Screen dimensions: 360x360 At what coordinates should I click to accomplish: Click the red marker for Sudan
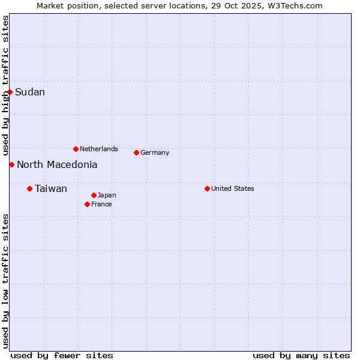[10, 92]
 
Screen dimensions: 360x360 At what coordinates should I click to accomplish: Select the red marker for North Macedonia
[11, 164]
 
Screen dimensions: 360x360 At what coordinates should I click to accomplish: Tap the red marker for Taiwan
[29, 189]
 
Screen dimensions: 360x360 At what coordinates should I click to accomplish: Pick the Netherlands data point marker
[76, 149]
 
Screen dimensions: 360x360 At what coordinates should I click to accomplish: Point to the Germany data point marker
[136, 152]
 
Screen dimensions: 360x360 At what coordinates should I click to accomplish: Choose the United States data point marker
[207, 188]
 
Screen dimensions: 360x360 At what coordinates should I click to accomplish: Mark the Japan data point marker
[94, 195]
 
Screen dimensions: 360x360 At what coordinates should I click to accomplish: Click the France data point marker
[87, 204]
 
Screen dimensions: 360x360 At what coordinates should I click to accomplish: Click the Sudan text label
[30, 92]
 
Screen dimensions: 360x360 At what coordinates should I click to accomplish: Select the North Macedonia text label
[57, 164]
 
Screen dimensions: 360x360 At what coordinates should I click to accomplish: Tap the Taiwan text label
[51, 189]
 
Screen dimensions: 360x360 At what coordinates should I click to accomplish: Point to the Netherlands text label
[99, 149]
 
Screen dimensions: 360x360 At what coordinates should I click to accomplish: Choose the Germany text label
[155, 152]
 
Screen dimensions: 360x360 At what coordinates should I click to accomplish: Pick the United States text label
[233, 188]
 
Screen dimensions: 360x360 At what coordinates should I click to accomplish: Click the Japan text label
[107, 195]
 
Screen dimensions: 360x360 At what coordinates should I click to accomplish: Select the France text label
[101, 204]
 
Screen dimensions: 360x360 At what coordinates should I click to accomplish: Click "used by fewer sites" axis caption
[62, 355]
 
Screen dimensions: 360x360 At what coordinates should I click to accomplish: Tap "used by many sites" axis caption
[301, 355]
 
